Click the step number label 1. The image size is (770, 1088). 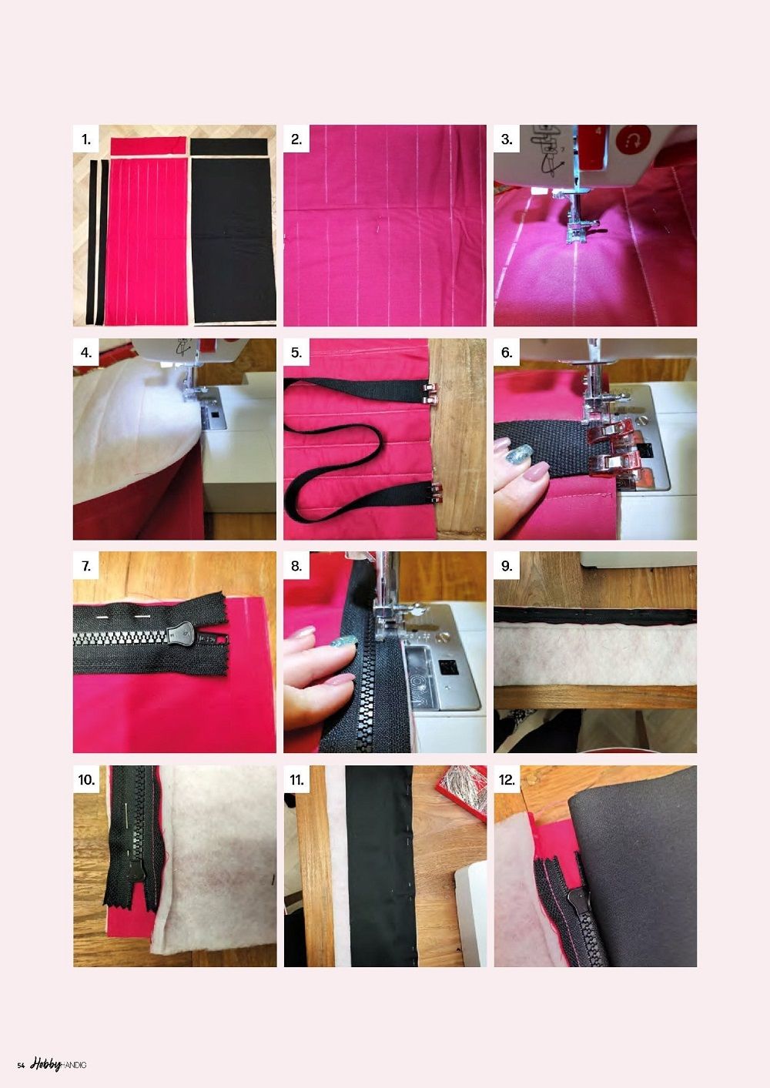point(86,140)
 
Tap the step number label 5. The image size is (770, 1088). point(296,353)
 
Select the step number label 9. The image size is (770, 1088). point(507,567)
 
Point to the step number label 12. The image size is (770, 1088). point(507,780)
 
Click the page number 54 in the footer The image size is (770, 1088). point(21,1065)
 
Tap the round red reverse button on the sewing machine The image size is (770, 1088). point(632,140)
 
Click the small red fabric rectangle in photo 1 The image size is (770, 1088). point(148,146)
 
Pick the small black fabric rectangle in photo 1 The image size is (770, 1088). point(229,147)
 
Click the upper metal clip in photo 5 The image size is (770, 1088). point(430,394)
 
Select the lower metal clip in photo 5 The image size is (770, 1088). point(434,492)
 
